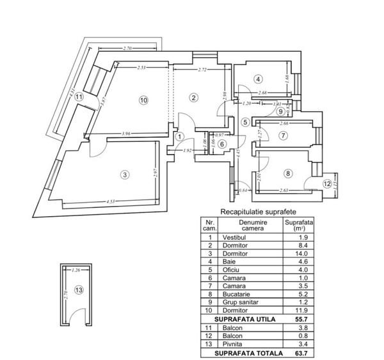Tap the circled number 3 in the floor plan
125,174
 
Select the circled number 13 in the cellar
78,290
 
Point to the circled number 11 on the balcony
79,97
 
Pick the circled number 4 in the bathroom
258,79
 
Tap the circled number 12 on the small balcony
328,184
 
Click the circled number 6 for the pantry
221,144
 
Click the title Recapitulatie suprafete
258,211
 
